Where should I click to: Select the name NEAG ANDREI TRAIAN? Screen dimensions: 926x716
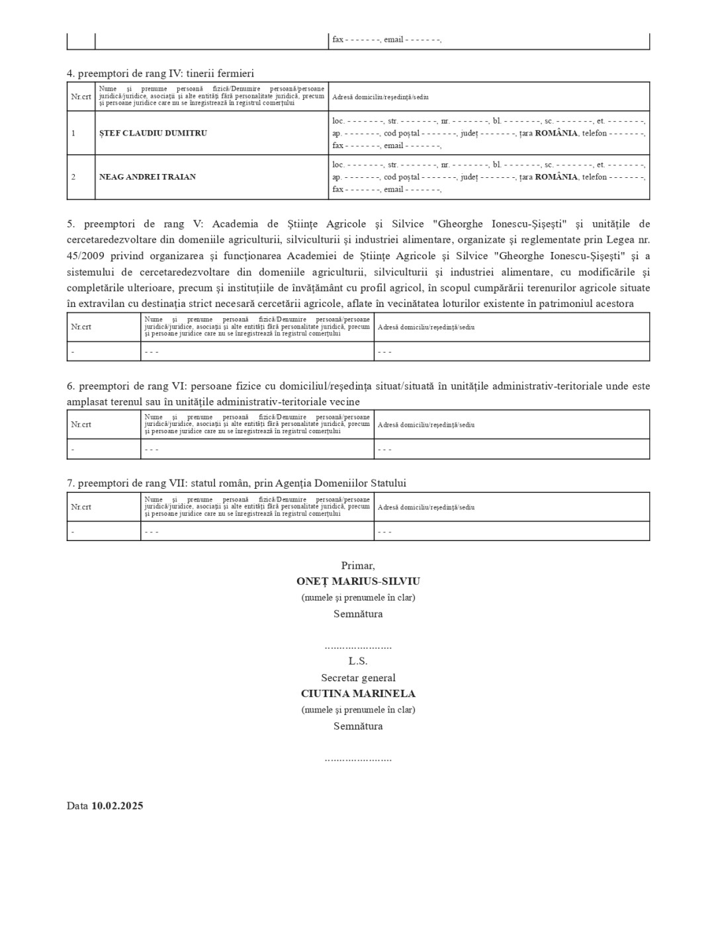pos(148,177)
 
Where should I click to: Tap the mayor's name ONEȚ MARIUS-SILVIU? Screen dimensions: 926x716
pos(358,581)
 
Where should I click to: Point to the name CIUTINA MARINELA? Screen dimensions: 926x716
pos(358,694)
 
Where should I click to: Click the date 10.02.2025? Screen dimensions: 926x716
pos(117,806)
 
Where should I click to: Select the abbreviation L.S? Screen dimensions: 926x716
pos(358,661)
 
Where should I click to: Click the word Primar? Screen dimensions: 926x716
pos(357,566)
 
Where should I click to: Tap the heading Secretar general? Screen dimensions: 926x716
pos(358,677)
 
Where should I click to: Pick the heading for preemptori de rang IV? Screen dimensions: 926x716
pos(160,73)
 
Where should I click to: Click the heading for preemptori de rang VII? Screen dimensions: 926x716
pos(236,483)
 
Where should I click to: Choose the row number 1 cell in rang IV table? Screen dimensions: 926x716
pos(73,133)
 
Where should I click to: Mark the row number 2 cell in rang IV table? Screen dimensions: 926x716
pos(73,177)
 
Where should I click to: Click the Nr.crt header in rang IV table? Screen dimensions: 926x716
pos(81,97)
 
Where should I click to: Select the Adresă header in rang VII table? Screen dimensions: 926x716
pos(426,507)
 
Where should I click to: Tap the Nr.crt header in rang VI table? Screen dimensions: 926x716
pos(81,425)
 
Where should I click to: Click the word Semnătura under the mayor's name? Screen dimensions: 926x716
pos(358,614)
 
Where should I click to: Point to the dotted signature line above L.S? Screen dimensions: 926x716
pos(358,646)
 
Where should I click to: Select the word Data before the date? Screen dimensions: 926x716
pos(77,806)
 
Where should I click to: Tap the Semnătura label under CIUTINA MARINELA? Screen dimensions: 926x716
pos(358,726)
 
